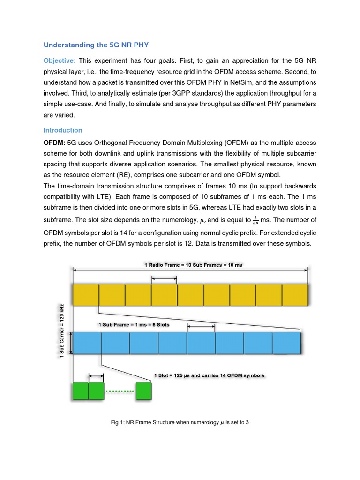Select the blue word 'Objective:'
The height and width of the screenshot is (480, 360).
coord(60,61)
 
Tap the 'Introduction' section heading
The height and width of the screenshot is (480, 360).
coord(63,130)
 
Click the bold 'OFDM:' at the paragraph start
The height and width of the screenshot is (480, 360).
coord(54,142)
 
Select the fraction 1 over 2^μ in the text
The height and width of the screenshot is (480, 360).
coord(255,220)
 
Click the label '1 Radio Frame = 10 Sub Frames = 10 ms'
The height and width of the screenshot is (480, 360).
coord(193,265)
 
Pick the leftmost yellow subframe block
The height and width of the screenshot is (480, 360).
coord(86,295)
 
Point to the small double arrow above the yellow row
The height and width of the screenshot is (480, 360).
coord(164,279)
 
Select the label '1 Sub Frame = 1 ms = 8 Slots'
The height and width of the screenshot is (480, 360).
coord(134,324)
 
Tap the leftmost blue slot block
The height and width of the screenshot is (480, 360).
coord(87,343)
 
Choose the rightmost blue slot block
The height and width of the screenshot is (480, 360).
coord(286,343)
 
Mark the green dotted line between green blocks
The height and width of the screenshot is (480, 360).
coord(120,391)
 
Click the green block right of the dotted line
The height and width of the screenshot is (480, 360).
coord(144,391)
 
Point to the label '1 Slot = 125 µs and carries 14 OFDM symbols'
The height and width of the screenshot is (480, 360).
coord(209,375)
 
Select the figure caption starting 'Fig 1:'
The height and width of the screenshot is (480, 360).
coord(180,423)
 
